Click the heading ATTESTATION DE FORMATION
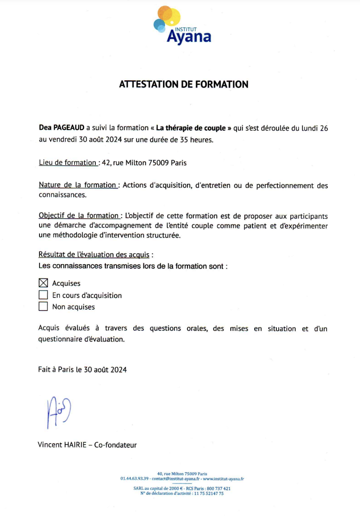183,85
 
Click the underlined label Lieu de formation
68,163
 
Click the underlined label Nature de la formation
78,185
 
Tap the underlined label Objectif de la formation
78,216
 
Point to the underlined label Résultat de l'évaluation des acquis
94,255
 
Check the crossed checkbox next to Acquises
43,283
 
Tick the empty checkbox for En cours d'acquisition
43,295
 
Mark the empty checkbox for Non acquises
43,307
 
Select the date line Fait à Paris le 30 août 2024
82,369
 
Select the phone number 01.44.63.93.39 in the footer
134,478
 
